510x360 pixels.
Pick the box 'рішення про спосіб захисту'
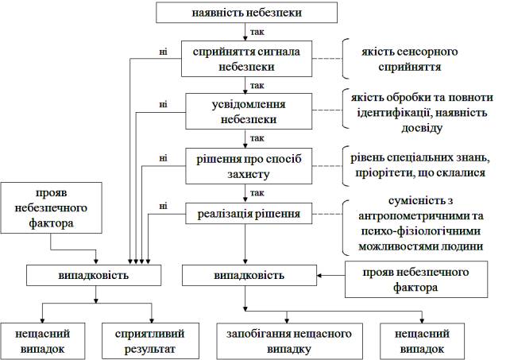coord(243,165)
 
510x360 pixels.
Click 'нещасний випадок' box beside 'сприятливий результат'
coord(44,340)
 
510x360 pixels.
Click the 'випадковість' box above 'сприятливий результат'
coord(95,275)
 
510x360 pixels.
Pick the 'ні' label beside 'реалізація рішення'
coord(163,207)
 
